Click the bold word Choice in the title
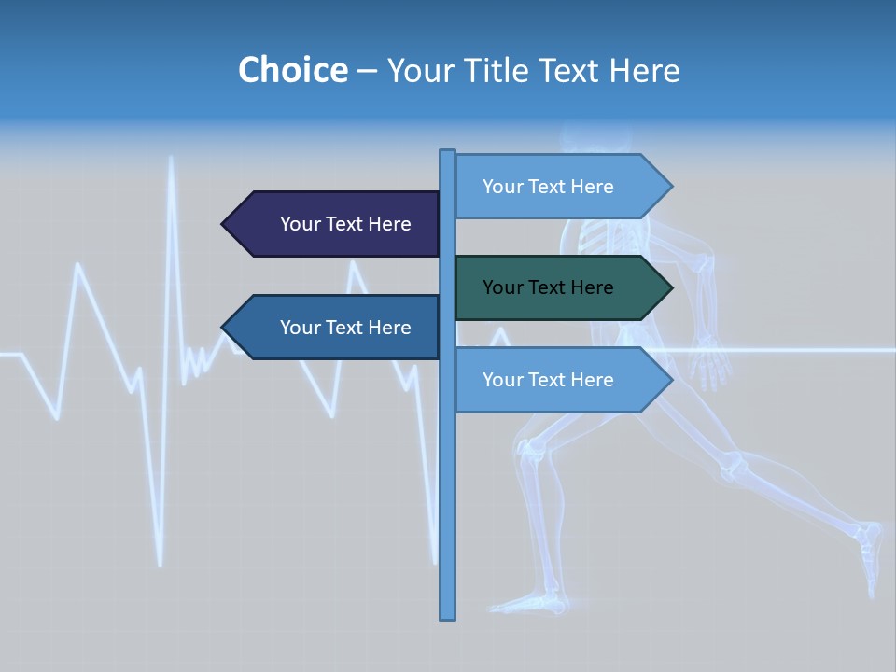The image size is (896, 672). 292,70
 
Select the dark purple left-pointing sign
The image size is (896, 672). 331,224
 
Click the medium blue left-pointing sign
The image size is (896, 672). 331,328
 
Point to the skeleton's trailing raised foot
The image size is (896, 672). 870,551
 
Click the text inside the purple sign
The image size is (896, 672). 345,224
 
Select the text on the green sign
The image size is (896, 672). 548,287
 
